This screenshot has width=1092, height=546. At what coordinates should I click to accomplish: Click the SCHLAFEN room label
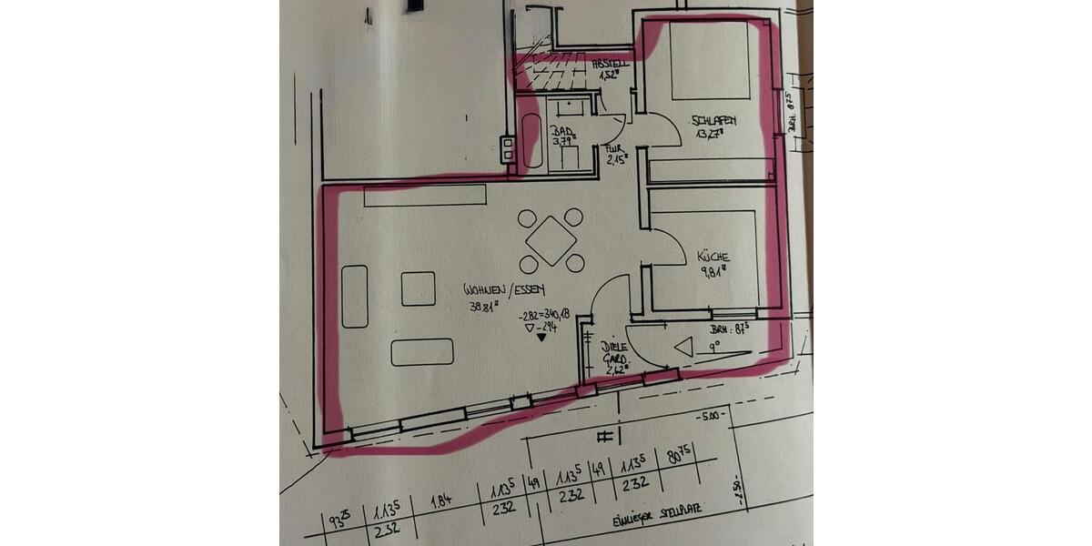click(713, 121)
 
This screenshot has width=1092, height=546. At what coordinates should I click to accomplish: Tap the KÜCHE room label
click(713, 257)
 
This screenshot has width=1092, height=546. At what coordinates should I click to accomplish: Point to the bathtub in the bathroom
click(532, 141)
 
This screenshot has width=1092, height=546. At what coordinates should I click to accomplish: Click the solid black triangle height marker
click(542, 338)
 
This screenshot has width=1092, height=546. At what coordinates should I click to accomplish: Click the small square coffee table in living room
click(418, 288)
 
